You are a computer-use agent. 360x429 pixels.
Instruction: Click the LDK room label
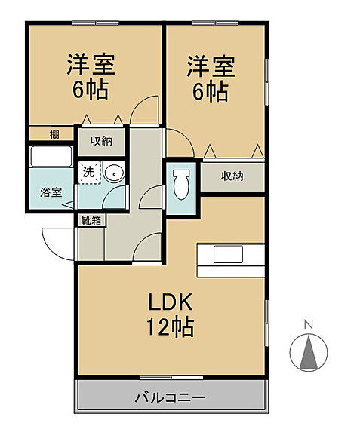click(170, 302)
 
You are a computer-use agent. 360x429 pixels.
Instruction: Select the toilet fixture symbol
click(181, 184)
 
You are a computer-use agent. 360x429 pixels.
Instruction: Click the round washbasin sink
click(114, 172)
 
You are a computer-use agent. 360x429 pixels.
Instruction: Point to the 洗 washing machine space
click(89, 172)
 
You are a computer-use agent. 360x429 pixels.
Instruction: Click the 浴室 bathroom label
click(51, 192)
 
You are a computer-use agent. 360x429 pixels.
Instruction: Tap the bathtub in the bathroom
click(51, 157)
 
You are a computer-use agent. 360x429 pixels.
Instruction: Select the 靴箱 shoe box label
click(91, 220)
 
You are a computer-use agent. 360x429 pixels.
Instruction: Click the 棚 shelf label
click(54, 134)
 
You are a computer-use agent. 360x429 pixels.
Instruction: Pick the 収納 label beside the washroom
click(101, 141)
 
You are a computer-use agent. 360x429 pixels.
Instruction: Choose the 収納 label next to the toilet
click(232, 176)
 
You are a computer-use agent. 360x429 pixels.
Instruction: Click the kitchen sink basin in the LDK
click(228, 254)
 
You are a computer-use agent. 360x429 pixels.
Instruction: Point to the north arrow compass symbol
click(309, 352)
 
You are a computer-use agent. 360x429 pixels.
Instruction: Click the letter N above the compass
click(309, 325)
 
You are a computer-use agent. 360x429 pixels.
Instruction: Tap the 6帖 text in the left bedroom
click(91, 90)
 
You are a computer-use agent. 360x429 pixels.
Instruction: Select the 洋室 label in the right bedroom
click(211, 66)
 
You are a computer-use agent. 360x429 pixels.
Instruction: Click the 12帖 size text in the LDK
click(171, 326)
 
